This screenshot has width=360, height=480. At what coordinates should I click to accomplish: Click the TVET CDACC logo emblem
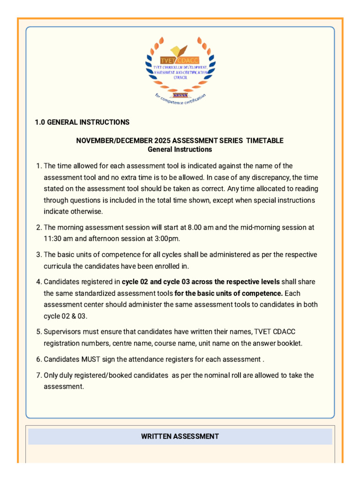pos(180,68)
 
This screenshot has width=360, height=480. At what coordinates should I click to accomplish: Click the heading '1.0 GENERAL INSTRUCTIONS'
pos(82,122)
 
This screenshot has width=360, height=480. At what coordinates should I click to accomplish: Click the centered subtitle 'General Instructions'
pos(180,150)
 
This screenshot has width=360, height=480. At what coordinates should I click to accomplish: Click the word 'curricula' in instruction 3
pos(58,266)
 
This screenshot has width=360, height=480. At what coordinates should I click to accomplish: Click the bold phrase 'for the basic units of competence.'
pos(228,293)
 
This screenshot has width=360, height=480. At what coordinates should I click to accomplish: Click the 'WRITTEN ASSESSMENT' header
pos(180,436)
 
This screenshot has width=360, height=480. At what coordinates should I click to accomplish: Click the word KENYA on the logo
pos(180,94)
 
